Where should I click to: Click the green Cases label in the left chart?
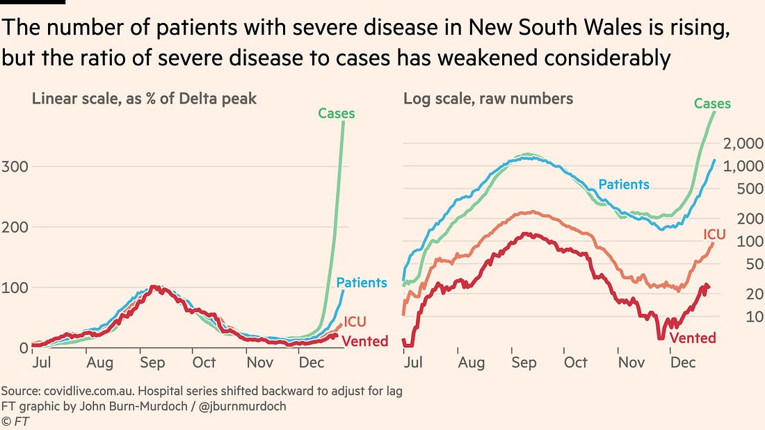coord(337,113)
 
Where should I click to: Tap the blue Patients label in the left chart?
coord(362,283)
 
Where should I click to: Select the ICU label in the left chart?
coord(355,322)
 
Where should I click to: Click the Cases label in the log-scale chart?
coord(712,104)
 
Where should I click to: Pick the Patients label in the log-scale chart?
coord(624,185)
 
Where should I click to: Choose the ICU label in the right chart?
coord(715,235)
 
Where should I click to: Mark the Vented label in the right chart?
coord(692,338)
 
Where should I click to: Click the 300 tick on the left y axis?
coord(14,167)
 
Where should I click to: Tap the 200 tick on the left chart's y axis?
coord(14,227)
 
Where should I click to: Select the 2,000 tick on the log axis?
coord(743,144)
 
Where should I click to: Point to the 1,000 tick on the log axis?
coord(743,167)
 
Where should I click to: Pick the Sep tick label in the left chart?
coord(152,363)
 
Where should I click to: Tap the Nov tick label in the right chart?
coord(631,363)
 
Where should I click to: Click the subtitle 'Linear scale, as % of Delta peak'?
coord(144,99)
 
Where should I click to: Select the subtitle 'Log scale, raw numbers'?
coord(488,99)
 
